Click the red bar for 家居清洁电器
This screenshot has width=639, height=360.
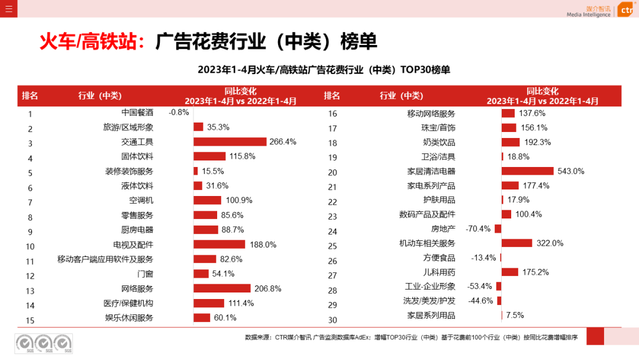pos(528,171)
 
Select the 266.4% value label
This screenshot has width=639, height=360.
pos(283,142)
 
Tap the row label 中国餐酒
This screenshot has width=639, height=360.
pos(137,112)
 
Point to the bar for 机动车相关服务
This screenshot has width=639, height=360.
pos(517,243)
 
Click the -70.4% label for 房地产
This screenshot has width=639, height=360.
pos(479,229)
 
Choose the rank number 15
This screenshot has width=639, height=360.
pos(30,320)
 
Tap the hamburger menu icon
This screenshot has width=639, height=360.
pos(9,9)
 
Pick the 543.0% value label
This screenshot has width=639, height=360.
pos(571,171)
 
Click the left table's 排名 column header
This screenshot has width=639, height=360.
pos(30,96)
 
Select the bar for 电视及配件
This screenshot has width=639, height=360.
pos(219,245)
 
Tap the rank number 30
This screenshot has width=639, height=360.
pos(333,320)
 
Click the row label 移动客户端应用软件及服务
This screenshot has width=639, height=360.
pos(105,259)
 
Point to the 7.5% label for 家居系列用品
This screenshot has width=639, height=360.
pos(515,315)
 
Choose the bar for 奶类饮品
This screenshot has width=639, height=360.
pos(511,142)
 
